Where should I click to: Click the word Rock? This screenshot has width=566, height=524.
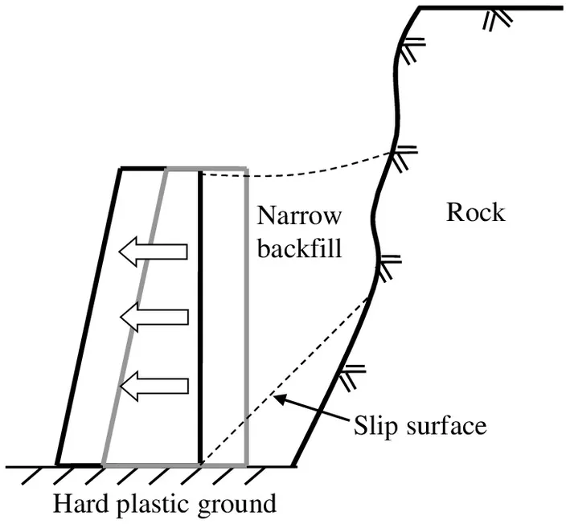(x=476, y=213)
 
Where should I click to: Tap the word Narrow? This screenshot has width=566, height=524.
(x=299, y=217)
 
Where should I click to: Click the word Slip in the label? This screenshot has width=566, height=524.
(x=374, y=425)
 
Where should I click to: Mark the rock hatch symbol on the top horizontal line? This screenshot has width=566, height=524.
(x=494, y=18)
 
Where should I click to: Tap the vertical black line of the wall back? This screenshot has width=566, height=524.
(x=199, y=321)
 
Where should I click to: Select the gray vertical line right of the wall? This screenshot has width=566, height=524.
(x=247, y=321)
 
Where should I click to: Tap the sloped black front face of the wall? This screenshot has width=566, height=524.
(x=88, y=321)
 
